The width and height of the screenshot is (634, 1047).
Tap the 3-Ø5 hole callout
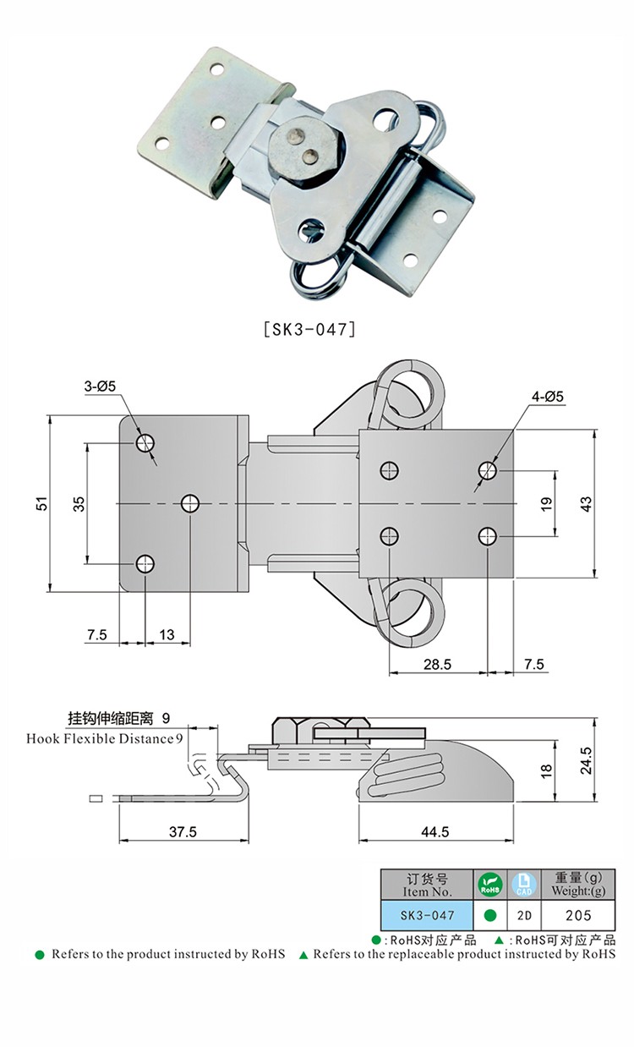point(100,386)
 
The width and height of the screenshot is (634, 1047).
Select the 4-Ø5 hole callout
point(546,396)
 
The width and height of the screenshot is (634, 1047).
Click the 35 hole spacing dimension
point(79,503)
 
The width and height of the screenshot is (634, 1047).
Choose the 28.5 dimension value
point(437,665)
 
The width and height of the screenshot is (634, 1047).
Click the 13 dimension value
point(167,635)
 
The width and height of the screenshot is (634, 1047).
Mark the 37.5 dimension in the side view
point(182,832)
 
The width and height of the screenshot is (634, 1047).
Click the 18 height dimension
point(546,770)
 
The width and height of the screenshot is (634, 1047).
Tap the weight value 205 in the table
point(578,915)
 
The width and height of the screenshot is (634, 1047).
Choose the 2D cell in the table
point(523,915)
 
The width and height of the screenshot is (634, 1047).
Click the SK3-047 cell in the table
point(427,915)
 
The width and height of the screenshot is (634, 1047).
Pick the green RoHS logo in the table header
point(489,885)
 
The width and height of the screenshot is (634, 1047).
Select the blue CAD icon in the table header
point(523,885)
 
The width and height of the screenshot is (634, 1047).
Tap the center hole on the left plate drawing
point(189,504)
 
